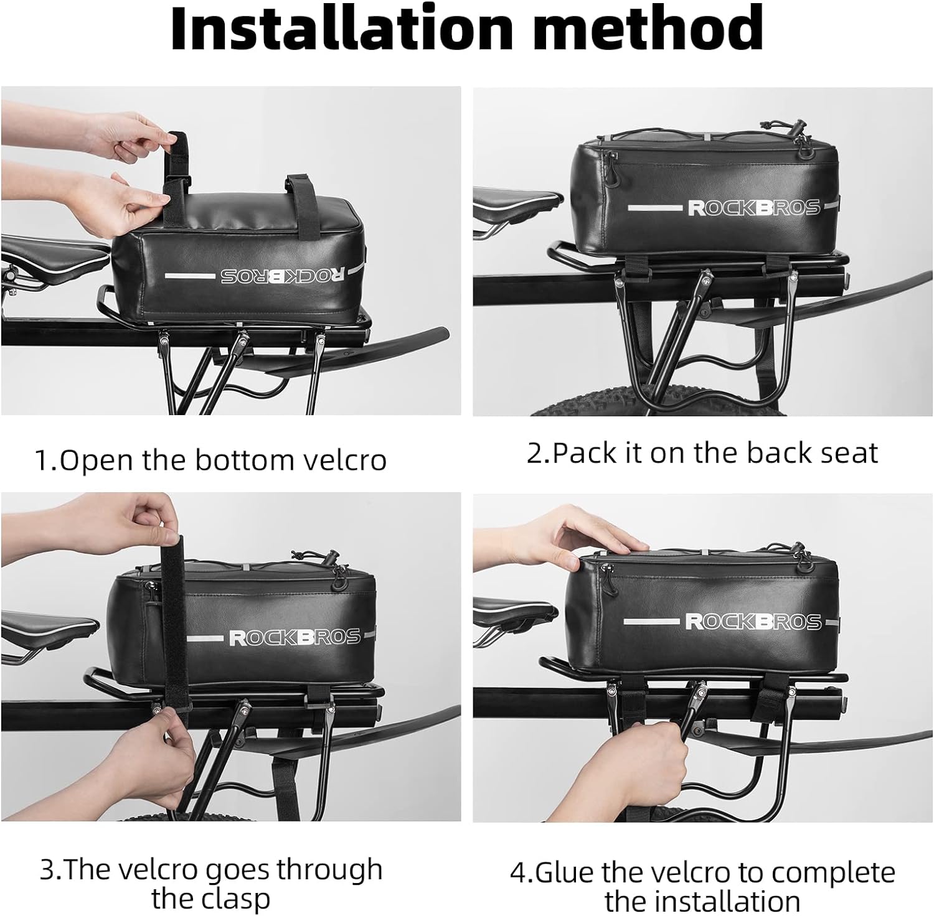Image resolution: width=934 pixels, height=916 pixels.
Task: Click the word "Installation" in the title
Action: (x=341, y=28)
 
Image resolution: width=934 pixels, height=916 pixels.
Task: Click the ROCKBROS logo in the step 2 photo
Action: (x=753, y=208)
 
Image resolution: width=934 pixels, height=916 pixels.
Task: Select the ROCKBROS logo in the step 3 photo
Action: (x=295, y=637)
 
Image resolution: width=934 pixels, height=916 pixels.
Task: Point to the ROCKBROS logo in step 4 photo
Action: (x=753, y=622)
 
